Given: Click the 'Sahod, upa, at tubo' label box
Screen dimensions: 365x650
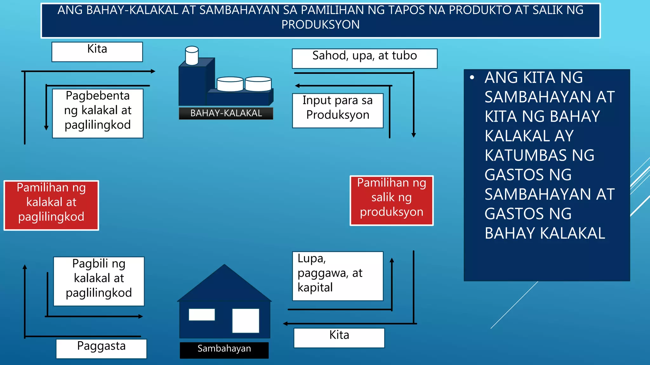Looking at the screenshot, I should tap(364, 59).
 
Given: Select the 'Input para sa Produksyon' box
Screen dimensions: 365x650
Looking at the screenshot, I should tap(338, 111).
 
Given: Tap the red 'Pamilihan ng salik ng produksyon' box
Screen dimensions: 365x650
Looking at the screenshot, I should tap(391, 201).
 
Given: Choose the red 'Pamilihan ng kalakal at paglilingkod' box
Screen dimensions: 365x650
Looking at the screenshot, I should tap(51, 205).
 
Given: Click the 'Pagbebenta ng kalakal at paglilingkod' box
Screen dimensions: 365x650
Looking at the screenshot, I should tap(98, 113).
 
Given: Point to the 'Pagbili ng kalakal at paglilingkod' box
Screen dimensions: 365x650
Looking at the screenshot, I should tap(99, 281).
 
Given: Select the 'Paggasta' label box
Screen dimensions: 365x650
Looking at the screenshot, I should tap(101, 349).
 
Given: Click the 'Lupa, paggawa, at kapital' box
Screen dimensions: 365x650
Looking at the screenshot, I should tap(338, 276).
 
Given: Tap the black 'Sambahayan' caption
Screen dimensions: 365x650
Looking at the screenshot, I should tap(224, 350).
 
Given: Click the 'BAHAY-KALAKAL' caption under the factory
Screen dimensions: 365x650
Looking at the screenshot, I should tap(226, 113).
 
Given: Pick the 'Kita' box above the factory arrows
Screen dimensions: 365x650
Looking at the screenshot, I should tap(97, 52).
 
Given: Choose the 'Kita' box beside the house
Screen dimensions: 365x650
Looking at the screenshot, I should tap(339, 338).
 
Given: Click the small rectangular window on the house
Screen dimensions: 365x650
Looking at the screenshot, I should tap(202, 315).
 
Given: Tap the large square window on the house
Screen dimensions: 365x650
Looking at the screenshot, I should tap(246, 321).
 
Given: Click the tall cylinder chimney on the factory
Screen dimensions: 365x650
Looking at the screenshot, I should tap(192, 56).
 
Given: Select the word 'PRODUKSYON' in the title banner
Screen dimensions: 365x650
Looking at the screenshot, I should tap(321, 25).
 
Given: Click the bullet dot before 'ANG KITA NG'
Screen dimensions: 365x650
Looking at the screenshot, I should tap(472, 78).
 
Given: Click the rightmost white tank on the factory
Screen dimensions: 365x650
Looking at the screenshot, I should tap(258, 84).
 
